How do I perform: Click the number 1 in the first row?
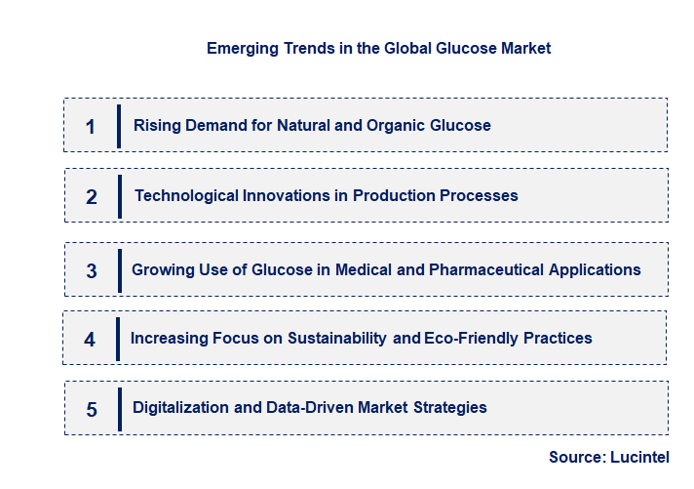click(x=91, y=127)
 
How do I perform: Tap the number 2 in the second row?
click(x=92, y=197)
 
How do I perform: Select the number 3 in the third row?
click(x=92, y=270)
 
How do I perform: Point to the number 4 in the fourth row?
click(x=90, y=340)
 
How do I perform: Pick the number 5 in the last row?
click(x=92, y=410)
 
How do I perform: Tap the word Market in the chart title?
click(x=525, y=48)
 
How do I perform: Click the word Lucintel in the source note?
click(x=640, y=457)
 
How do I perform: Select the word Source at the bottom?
click(x=575, y=457)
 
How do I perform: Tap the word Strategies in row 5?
click(x=447, y=407)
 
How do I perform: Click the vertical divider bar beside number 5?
click(x=119, y=408)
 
